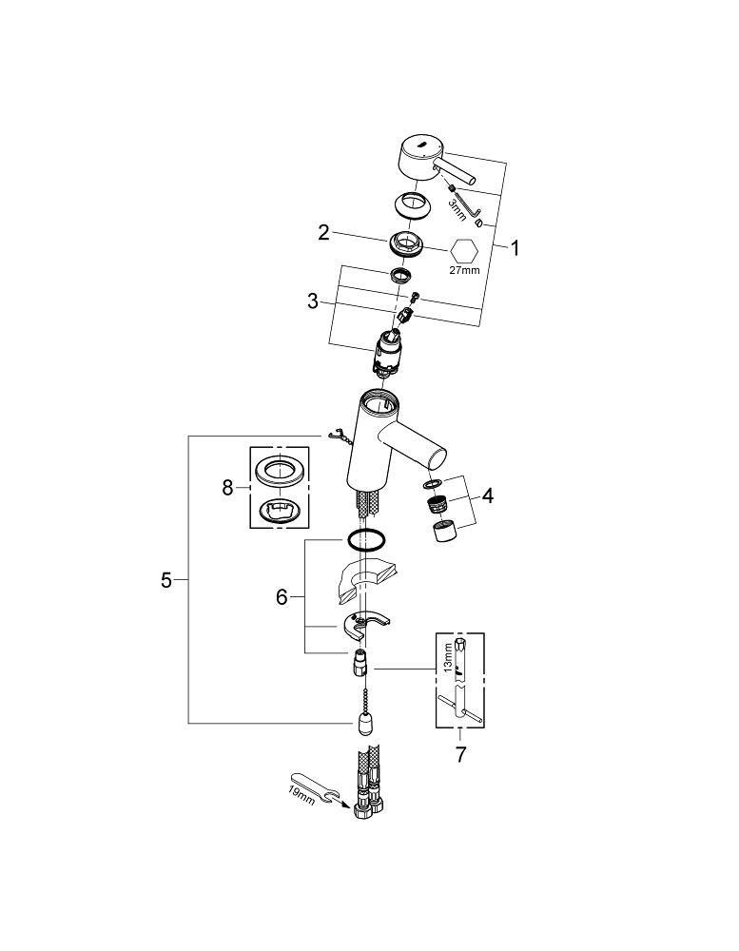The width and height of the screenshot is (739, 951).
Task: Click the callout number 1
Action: [515, 247]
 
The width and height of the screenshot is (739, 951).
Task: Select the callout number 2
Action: [324, 232]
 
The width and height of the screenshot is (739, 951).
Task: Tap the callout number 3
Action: [313, 301]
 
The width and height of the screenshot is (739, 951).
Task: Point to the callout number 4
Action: [487, 496]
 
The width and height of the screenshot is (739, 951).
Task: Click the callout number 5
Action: [166, 580]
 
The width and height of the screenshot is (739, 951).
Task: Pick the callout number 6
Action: [282, 597]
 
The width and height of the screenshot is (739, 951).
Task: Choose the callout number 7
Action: [460, 755]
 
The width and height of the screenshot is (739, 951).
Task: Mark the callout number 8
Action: [227, 487]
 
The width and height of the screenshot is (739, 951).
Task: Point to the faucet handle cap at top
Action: [418, 160]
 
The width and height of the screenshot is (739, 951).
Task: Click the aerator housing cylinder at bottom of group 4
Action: [445, 532]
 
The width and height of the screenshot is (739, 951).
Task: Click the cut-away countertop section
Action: [364, 580]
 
